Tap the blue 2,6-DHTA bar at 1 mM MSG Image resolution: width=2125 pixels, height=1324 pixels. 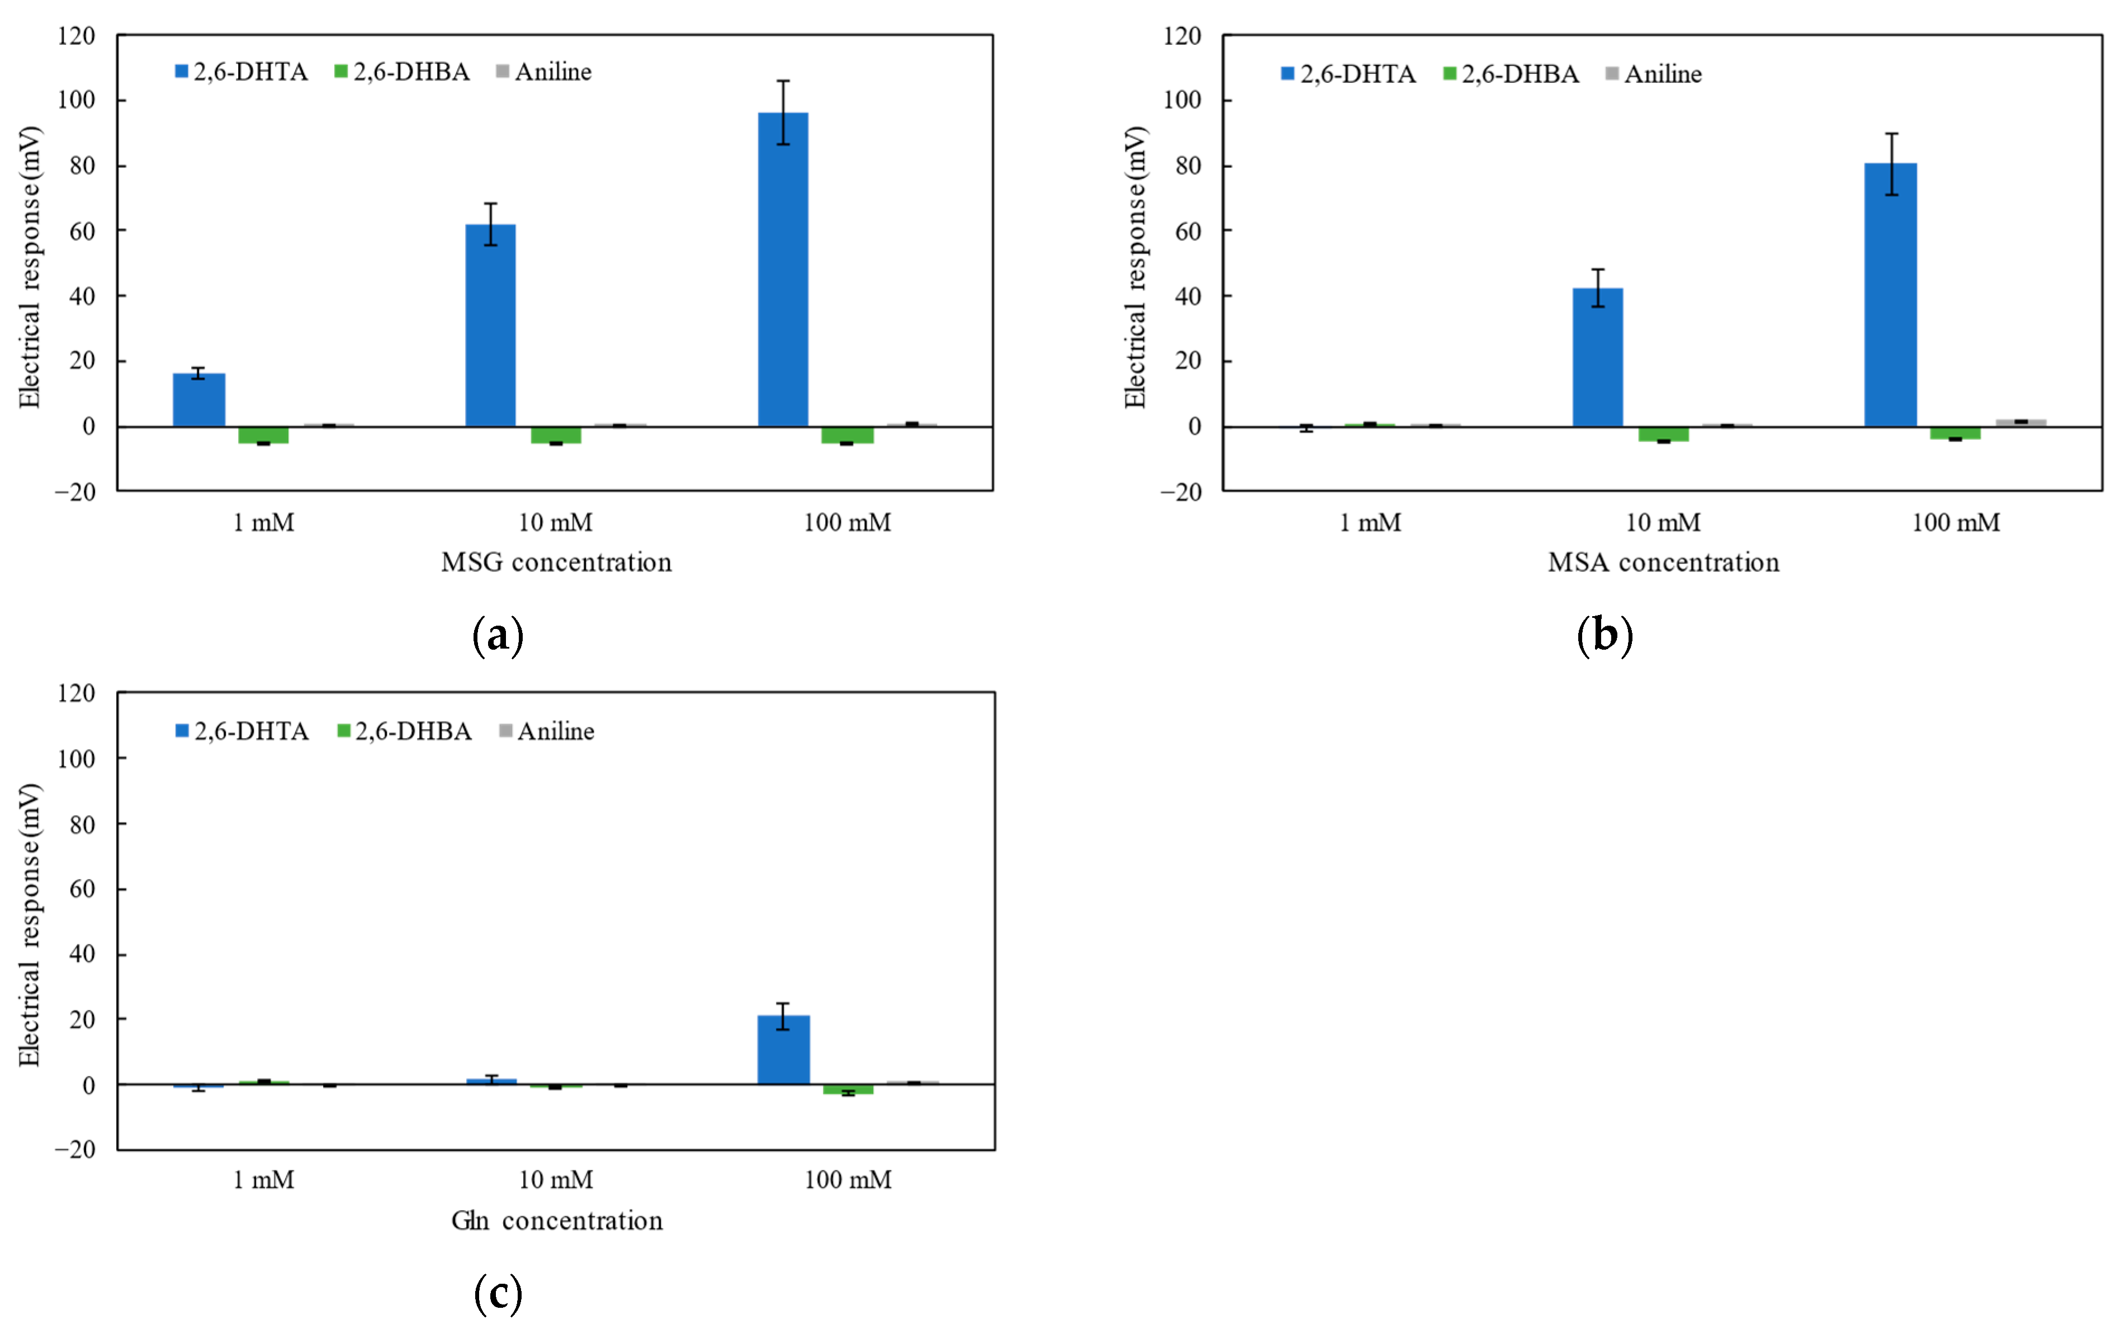tap(199, 400)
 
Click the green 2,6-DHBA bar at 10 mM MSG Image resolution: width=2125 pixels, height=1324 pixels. tap(555, 435)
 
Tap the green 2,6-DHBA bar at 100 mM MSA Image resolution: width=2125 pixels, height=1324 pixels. tap(1955, 433)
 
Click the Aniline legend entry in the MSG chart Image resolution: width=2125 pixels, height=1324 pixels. tap(544, 72)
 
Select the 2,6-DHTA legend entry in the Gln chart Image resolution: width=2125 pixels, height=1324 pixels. tap(243, 731)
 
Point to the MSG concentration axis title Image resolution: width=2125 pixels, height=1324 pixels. tap(556, 562)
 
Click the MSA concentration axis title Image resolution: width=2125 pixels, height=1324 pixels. tap(1663, 562)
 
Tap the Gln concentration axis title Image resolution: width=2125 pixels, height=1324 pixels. tap(557, 1220)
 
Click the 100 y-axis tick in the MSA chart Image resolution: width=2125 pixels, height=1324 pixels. tap(1181, 101)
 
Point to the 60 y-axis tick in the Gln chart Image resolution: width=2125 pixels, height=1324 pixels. tap(82, 889)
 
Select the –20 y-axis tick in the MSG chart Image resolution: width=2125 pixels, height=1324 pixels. tap(75, 492)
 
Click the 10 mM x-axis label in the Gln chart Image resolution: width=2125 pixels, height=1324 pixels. tap(555, 1180)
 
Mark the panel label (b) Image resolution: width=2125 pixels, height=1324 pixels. tap(1604, 635)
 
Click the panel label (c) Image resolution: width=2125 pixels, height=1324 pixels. tap(498, 1293)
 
